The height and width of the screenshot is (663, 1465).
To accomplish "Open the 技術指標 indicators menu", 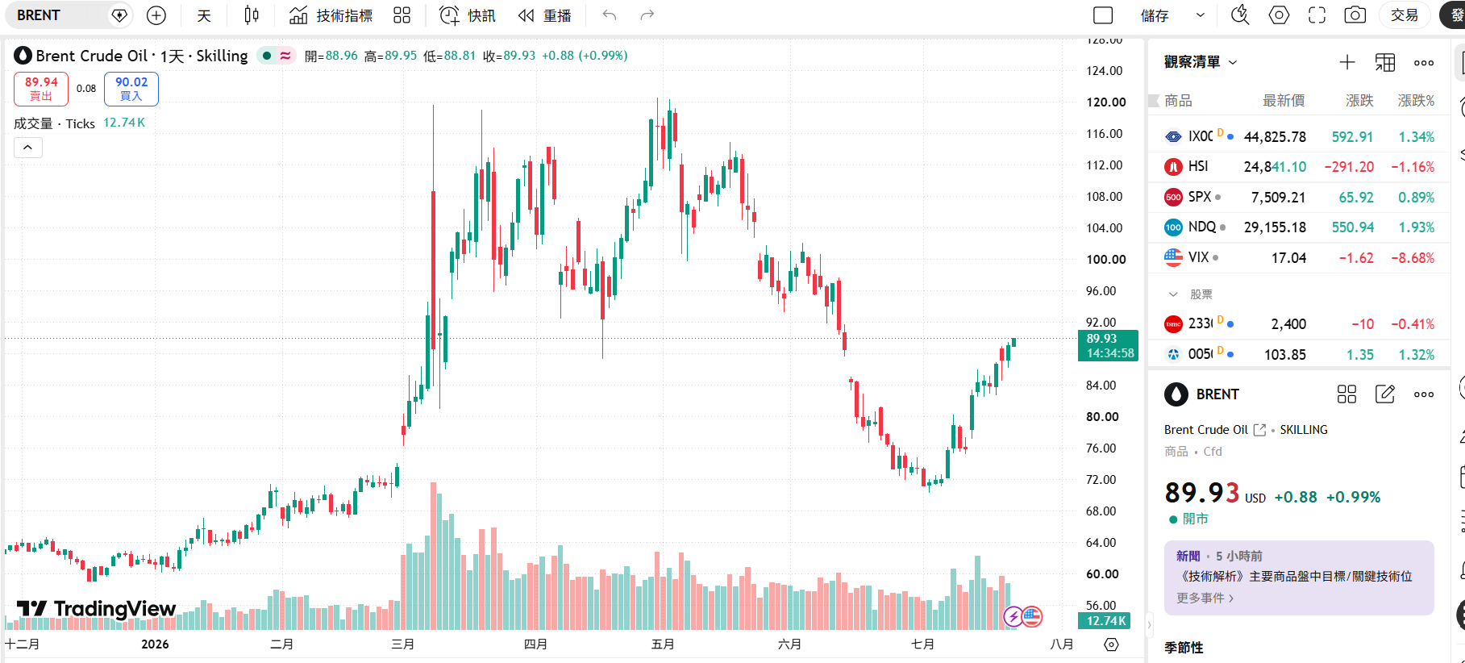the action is point(331,15).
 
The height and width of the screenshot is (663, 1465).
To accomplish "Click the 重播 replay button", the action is point(545,15).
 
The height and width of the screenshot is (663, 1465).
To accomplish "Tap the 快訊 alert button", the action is point(468,15).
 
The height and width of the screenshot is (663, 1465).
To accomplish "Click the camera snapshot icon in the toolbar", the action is point(1355,15).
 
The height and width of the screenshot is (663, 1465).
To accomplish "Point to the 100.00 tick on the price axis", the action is point(1106,260).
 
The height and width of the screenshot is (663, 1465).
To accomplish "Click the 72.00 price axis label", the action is point(1101,480).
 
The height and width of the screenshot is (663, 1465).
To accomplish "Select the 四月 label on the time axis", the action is point(535,644).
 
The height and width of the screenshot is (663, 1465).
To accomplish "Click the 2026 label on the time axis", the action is point(155,644).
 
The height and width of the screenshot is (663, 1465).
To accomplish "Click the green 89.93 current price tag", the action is point(1108,345).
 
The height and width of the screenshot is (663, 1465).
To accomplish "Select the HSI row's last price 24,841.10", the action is point(1275,167).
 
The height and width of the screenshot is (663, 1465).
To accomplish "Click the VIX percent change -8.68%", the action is point(1413,258).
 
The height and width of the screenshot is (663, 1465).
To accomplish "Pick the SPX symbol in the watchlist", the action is point(1200,197).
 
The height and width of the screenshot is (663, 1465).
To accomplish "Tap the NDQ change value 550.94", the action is point(1352,227).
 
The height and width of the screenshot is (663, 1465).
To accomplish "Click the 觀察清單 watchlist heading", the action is point(1192,62).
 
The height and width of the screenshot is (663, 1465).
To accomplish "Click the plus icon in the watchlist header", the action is point(1346,62).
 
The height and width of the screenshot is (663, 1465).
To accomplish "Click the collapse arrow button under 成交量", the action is point(27,147).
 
